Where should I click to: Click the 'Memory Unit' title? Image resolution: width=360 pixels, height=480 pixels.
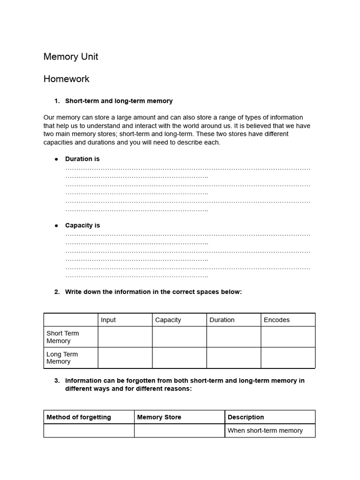[x=71, y=57]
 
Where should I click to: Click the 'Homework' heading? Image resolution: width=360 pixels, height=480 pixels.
[x=66, y=79]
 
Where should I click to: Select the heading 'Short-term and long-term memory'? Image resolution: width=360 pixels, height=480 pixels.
[x=119, y=101]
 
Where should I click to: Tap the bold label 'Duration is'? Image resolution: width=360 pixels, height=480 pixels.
[x=82, y=159]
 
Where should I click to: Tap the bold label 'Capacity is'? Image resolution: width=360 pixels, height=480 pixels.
[x=82, y=225]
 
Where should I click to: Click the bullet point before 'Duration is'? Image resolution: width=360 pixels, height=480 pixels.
[x=56, y=159]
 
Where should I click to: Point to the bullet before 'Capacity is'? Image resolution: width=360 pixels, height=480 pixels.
[x=56, y=225]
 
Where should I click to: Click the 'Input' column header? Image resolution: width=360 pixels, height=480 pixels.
[x=108, y=320]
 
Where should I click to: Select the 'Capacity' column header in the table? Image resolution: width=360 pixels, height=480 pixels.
[x=168, y=320]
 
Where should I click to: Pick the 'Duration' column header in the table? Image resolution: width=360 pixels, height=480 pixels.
[x=222, y=320]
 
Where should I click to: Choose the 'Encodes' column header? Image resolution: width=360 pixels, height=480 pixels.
[x=277, y=320]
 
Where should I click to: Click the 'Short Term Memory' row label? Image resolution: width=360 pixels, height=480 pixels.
[x=62, y=337]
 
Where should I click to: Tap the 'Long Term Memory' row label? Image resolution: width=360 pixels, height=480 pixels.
[x=62, y=358]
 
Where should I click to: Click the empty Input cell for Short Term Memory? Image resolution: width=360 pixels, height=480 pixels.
[x=125, y=337]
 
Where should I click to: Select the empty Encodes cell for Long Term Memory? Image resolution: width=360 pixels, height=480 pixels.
[x=288, y=358]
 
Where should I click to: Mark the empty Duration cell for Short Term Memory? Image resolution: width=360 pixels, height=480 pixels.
[x=233, y=337]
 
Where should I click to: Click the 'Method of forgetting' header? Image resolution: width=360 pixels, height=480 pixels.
[x=78, y=417]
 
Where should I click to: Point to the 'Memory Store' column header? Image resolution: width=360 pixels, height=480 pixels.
[x=159, y=417]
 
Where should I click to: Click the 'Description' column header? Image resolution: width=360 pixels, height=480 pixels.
[x=246, y=417]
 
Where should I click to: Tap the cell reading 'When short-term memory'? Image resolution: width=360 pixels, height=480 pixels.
[x=265, y=430]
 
